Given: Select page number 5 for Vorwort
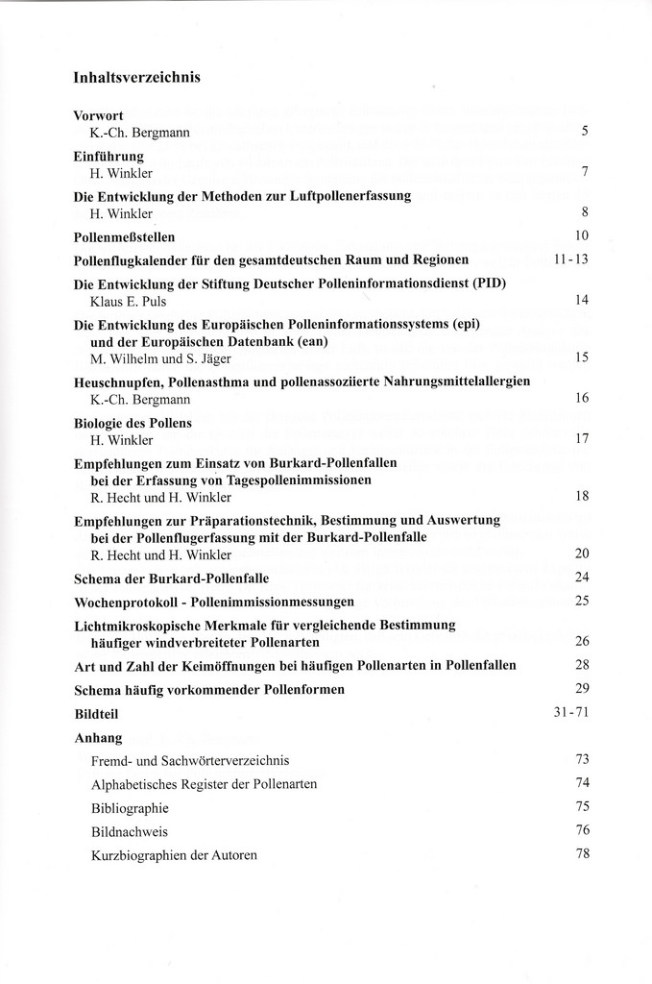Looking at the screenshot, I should (x=584, y=131).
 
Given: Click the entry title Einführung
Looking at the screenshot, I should (x=109, y=155).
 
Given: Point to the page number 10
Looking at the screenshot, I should (x=580, y=235).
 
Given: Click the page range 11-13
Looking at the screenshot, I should (x=570, y=259).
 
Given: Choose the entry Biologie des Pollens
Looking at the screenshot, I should (x=133, y=423).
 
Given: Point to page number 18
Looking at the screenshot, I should (x=580, y=497).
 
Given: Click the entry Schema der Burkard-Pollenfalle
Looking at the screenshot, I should (x=171, y=578).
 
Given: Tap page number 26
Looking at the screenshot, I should (x=580, y=641).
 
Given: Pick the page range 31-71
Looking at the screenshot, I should (x=570, y=715).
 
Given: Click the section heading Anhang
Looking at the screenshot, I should (x=98, y=738).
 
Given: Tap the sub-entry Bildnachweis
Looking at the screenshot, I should (x=129, y=830).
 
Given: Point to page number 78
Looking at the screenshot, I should (x=580, y=853).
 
